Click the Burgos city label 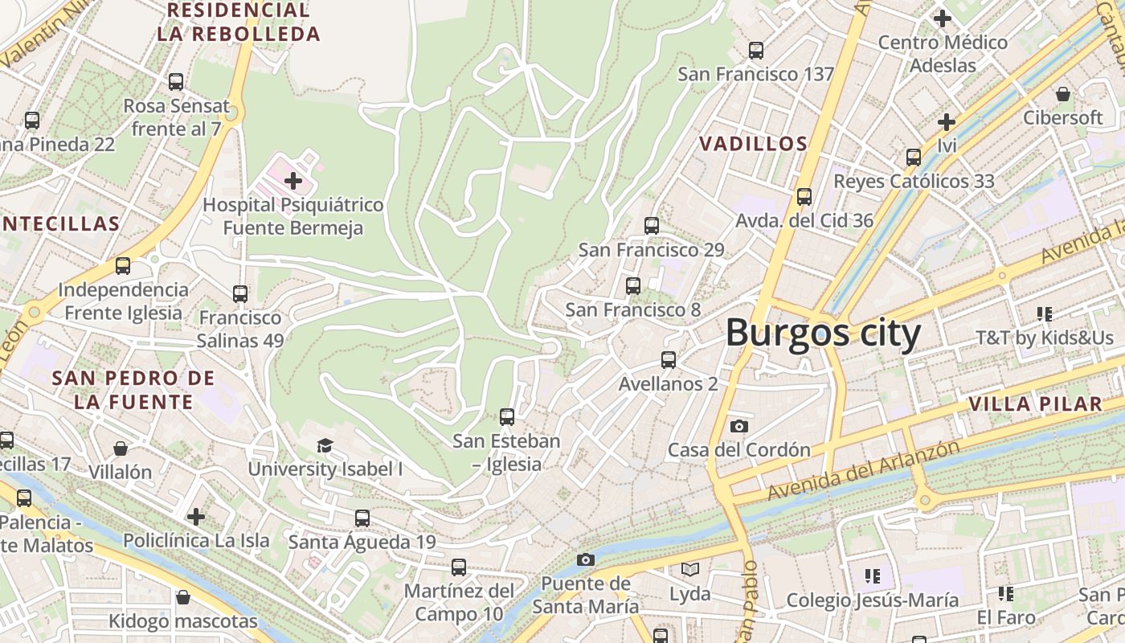coord(823,334)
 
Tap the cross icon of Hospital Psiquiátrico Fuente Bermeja coord(293,180)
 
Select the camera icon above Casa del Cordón coord(738,426)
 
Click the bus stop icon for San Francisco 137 coord(755,51)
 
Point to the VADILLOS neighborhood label coord(753,144)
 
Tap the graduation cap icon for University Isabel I coord(325,445)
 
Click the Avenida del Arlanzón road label coord(864,469)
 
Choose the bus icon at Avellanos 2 coord(668,360)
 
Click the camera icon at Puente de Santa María coord(586,559)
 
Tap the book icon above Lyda coord(689,570)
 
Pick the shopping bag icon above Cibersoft coord(1062,94)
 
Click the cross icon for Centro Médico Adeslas coord(942,18)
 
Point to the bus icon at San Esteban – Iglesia coord(506,417)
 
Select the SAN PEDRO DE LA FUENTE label coord(133,390)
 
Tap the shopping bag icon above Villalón coord(121,448)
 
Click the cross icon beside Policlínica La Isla coord(196,516)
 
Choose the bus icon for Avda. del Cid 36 coord(804,197)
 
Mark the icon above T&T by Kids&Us coord(1044,314)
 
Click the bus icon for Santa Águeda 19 coord(362,518)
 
